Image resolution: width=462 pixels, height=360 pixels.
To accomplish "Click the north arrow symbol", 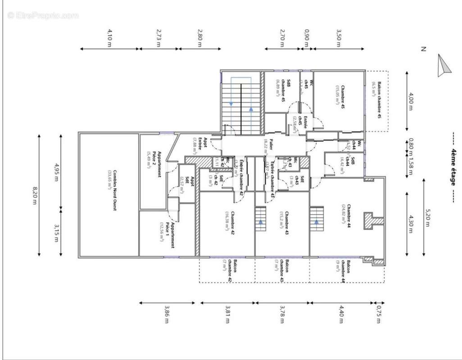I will coord(443,66).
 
